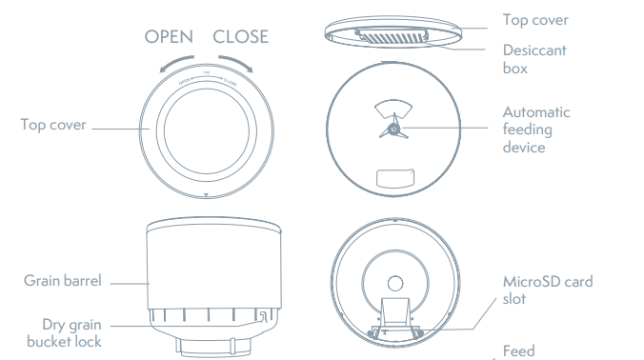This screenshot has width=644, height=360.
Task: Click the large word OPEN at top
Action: point(168,37)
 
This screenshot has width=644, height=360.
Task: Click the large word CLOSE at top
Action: point(240,37)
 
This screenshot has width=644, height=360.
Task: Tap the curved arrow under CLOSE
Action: point(238,64)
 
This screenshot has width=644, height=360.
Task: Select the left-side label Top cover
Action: point(53,124)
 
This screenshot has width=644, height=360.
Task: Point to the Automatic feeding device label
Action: point(537,130)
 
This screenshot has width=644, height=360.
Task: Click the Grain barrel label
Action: point(63,281)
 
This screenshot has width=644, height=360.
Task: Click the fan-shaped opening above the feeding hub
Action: point(392,108)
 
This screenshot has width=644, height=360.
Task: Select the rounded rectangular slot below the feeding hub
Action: point(394,178)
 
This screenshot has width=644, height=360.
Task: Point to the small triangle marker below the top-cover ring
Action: point(205,196)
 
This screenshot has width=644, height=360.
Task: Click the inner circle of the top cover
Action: point(206,130)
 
